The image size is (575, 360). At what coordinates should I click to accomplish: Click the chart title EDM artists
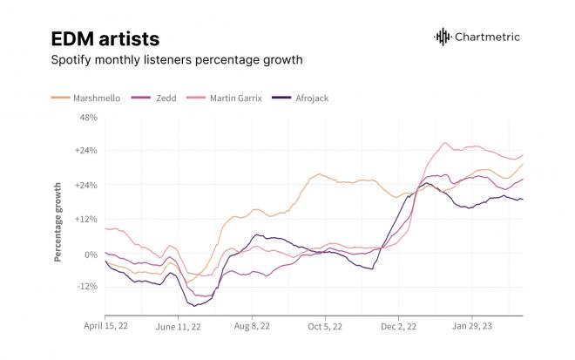[105, 39]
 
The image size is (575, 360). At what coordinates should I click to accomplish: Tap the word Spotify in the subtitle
[71, 60]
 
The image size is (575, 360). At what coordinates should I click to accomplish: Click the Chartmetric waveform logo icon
[443, 37]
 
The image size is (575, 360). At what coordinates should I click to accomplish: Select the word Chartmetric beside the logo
[487, 37]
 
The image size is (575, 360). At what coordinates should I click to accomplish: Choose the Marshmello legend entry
[85, 98]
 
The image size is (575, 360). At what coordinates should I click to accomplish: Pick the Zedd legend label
[166, 98]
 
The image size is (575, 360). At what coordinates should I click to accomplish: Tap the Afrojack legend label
[312, 98]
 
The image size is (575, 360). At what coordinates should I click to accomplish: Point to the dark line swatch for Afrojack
[281, 98]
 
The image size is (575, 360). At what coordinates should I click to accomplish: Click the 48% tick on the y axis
[88, 118]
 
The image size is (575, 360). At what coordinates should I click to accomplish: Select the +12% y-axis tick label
[86, 219]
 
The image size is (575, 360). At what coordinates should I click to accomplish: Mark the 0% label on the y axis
[91, 255]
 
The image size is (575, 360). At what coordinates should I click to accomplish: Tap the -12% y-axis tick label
[87, 286]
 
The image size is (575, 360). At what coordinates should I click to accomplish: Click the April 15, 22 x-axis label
[105, 326]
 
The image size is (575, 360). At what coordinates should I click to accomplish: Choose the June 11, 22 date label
[179, 327]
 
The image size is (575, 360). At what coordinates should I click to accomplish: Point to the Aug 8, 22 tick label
[252, 326]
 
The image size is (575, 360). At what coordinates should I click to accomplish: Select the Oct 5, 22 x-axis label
[325, 326]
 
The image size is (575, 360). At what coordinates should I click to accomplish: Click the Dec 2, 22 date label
[399, 326]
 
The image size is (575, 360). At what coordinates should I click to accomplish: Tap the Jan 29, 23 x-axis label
[471, 326]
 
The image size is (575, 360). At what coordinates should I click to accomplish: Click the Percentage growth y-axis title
[57, 222]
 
